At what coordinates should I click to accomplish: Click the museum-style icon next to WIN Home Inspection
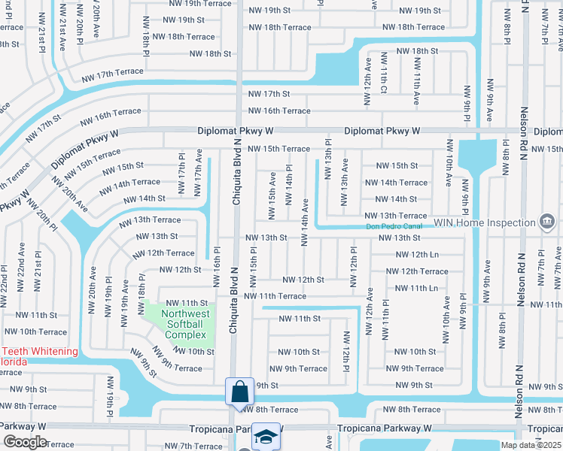[x=547, y=222]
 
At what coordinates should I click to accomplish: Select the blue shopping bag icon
[x=239, y=391]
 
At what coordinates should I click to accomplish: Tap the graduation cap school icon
[x=265, y=436]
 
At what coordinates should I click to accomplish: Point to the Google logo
[x=25, y=442]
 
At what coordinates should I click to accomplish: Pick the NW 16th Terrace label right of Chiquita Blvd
[x=279, y=110]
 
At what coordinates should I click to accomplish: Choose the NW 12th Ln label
[x=411, y=254]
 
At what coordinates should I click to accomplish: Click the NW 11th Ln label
[x=411, y=288]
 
